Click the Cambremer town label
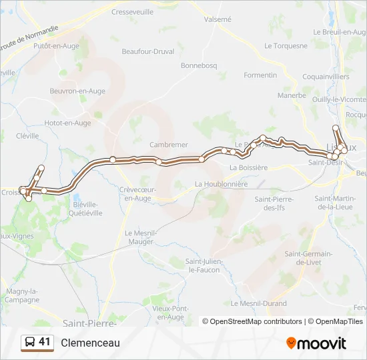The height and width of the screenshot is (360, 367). pos(168,145)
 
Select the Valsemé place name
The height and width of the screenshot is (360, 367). pos(218,20)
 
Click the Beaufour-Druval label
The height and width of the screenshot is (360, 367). pos(147,51)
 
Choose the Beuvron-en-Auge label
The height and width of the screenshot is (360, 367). pos(77,91)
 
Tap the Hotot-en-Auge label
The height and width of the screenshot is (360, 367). pos(67,123)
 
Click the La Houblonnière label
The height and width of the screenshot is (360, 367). pos(221,184)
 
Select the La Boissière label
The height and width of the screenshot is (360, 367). pos(248,167)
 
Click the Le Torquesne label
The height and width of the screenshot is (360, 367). pos(286,46)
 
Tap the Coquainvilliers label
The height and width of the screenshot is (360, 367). pos(326,77)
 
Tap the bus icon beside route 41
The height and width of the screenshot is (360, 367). pos(30,343)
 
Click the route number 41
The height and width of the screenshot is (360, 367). pos(45,342)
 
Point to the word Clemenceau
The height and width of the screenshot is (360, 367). pos(90,343)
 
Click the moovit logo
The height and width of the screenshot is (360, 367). pos(316,343)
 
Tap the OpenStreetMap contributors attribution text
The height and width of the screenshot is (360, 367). pos(256,321)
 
